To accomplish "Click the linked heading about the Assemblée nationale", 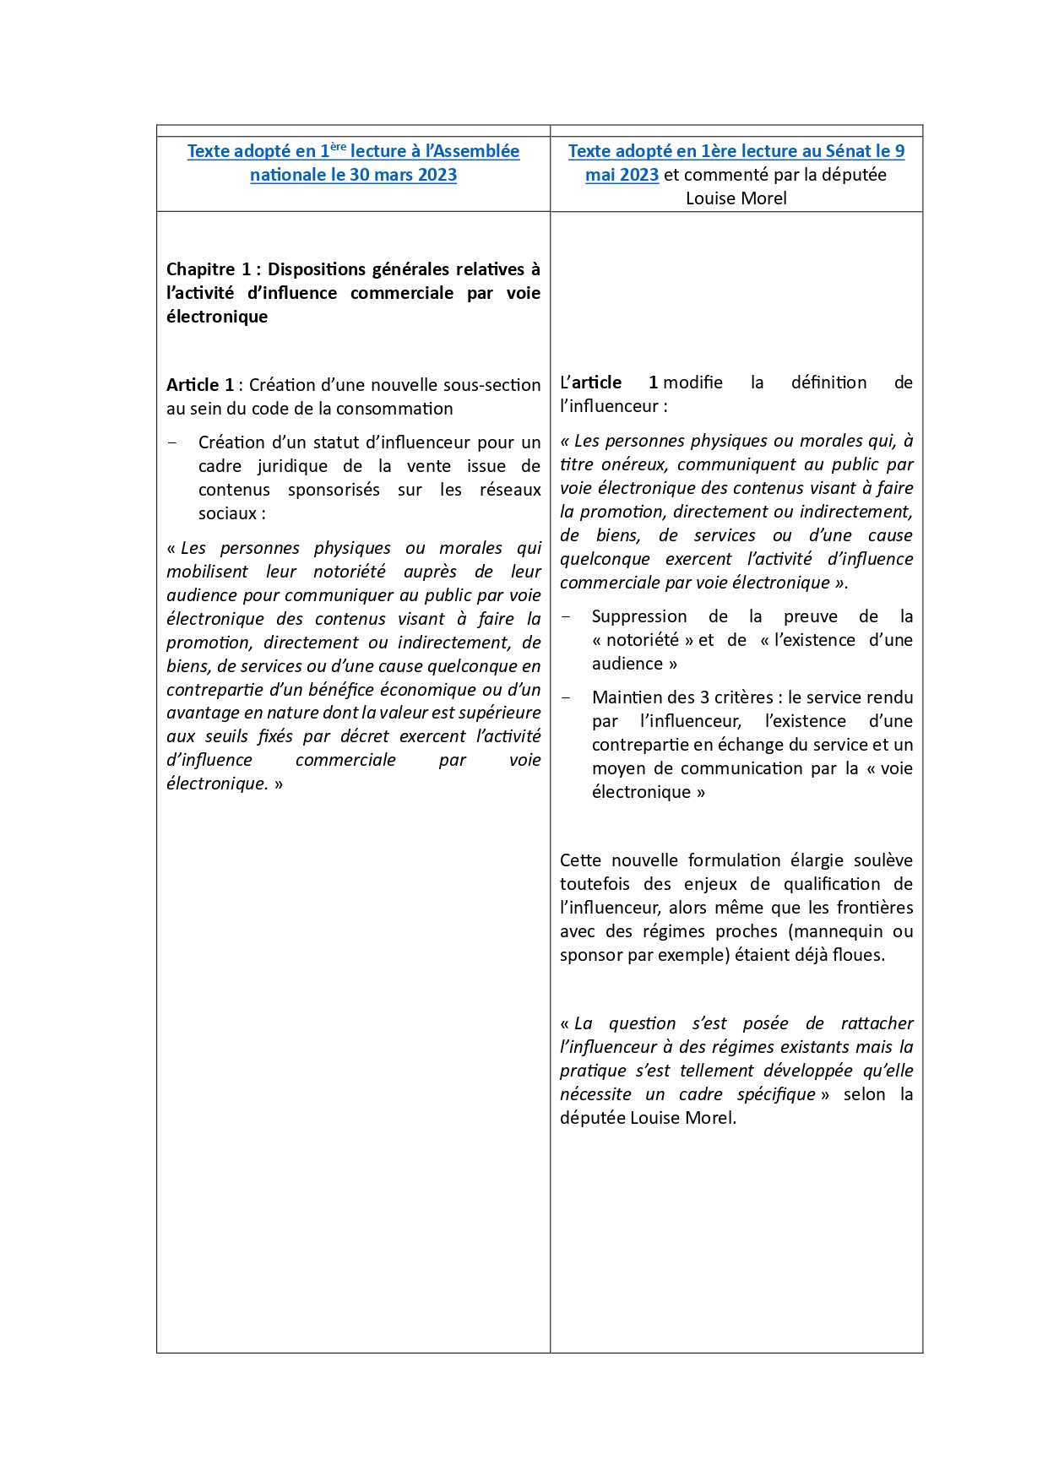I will click(x=353, y=163).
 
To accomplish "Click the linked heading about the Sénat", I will click(x=736, y=151).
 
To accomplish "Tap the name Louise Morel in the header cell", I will click(x=736, y=198).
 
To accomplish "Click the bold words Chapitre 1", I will click(x=208, y=269).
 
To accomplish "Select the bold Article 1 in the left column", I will click(x=200, y=385).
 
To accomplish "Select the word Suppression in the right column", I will click(x=639, y=616).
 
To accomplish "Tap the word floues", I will click(x=858, y=955).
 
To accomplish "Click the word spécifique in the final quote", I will click(x=776, y=1094).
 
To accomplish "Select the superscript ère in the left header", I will click(x=338, y=146).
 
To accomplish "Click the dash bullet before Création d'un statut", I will click(x=173, y=442).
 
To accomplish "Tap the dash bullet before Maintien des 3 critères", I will click(x=566, y=697).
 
